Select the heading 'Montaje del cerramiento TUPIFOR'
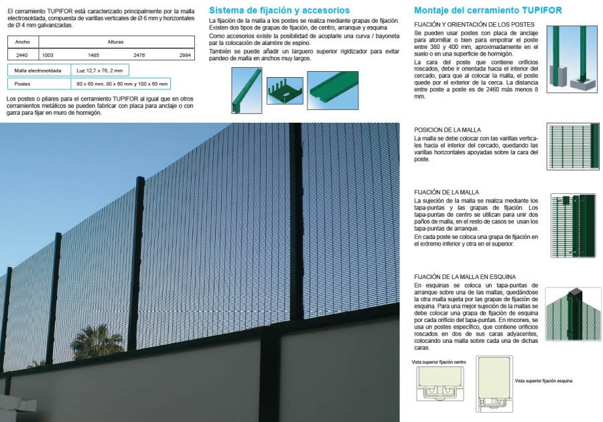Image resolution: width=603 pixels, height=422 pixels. [488, 11]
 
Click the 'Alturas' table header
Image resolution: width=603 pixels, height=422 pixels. [115, 42]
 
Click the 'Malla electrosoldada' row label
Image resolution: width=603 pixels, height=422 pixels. [38, 70]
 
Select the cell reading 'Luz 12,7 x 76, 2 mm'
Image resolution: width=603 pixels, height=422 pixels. [99, 70]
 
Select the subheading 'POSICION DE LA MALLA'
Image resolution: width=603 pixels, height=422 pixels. [447, 129]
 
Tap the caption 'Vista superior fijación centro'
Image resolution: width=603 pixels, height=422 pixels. [439, 362]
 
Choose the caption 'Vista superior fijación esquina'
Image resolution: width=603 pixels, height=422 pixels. [543, 380]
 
